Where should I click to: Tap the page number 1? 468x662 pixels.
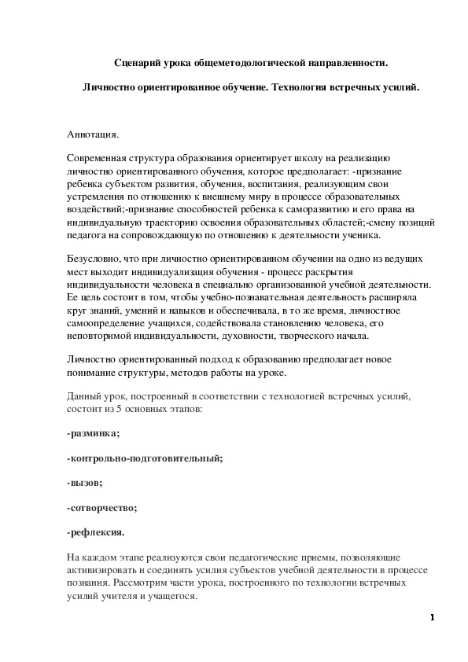tap(433, 616)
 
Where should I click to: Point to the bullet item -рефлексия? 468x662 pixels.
tap(96, 532)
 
